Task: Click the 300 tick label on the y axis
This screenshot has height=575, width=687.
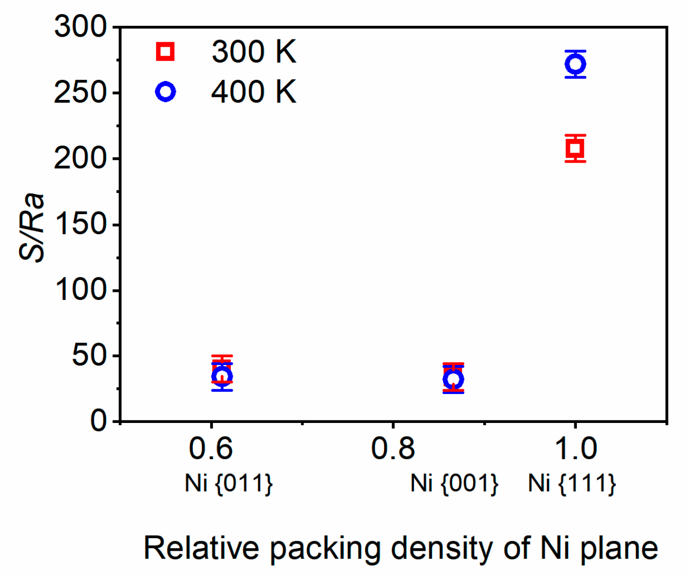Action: [x=80, y=27]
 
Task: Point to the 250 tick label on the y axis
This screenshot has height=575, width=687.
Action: [x=80, y=93]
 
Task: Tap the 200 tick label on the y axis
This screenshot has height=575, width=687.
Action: [x=80, y=158]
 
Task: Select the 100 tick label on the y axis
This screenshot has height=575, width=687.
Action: [x=80, y=290]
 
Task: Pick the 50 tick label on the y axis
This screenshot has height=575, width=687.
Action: [x=89, y=356]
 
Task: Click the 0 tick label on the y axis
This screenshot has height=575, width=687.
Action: [x=98, y=421]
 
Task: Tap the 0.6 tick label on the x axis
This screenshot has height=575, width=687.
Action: [x=211, y=449]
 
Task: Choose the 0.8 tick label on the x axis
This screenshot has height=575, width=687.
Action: [x=393, y=449]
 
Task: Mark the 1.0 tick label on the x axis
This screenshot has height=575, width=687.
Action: [x=575, y=449]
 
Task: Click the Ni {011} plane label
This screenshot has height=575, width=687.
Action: [x=229, y=483]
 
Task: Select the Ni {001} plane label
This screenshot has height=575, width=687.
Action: [x=454, y=483]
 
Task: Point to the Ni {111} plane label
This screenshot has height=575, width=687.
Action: [x=572, y=483]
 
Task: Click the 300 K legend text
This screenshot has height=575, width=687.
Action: [x=254, y=52]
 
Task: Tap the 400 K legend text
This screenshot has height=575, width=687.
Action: [x=254, y=92]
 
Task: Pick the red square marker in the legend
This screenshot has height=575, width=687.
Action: [x=165, y=52]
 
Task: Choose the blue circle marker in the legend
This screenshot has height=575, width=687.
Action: [x=165, y=92]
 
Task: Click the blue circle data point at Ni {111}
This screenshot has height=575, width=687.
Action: [x=575, y=64]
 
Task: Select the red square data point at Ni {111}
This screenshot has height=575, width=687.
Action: [x=575, y=148]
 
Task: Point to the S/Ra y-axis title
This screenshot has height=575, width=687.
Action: [x=33, y=228]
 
